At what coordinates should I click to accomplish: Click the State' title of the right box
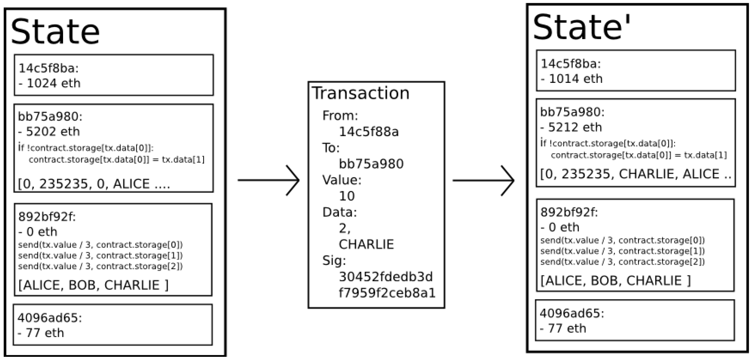tap(581, 28)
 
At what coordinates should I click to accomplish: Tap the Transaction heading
tap(361, 93)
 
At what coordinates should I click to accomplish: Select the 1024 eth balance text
tap(50, 83)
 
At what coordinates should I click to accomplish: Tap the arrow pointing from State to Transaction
tap(269, 180)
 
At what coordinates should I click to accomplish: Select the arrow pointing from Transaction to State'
tap(483, 181)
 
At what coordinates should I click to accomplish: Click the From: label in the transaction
tap(340, 116)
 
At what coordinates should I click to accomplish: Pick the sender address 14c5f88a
tap(368, 132)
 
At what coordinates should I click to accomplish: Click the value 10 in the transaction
tap(347, 196)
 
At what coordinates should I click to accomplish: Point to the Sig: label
tap(334, 260)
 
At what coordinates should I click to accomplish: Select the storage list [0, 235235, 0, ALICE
tap(94, 184)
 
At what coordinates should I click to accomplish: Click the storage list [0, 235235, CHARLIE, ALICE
tap(635, 174)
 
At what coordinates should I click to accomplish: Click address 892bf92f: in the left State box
tap(47, 217)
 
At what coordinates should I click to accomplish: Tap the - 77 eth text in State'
tap(563, 328)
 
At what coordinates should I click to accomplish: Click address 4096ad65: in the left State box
tap(50, 318)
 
